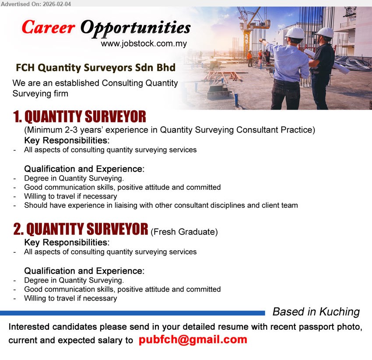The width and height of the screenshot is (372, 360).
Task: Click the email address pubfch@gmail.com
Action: tap(193, 340)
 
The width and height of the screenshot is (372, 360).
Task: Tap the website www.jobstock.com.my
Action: tap(144, 44)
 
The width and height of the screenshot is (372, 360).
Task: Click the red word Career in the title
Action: tap(48, 28)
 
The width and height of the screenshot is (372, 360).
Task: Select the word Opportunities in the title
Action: tap(135, 28)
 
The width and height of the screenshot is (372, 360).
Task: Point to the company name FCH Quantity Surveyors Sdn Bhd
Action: tap(95, 68)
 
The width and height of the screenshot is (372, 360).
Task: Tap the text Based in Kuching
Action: tap(316, 312)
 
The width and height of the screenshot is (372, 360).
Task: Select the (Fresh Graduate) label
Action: tap(184, 232)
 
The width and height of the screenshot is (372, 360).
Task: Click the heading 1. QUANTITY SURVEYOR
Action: tap(80, 117)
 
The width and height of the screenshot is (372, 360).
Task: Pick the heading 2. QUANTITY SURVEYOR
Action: tap(81, 229)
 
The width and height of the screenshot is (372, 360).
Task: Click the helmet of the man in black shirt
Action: tap(325, 32)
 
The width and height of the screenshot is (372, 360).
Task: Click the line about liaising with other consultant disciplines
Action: tap(161, 205)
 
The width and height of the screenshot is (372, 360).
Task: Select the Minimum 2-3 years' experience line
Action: tap(169, 129)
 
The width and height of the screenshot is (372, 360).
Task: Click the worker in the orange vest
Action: tap(249, 57)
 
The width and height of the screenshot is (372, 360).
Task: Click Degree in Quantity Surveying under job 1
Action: tap(74, 178)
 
